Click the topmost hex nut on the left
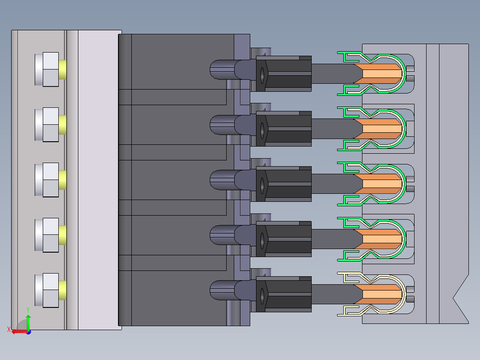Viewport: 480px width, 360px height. [47, 69]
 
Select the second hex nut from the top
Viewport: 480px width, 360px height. [47, 124]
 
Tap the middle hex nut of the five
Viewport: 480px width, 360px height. [47, 180]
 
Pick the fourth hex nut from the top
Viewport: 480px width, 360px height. [47, 235]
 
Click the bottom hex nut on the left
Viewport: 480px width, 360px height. [47, 290]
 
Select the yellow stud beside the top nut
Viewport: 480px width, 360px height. [62, 69]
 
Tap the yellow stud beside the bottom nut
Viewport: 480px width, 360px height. [62, 290]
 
